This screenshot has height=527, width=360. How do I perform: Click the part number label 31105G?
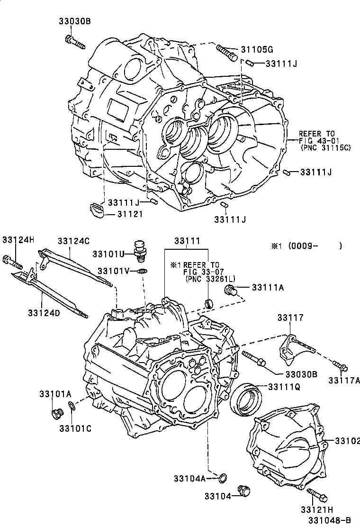[257, 49]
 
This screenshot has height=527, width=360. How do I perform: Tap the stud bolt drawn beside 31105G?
[227, 52]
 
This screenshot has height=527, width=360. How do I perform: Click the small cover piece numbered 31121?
[97, 210]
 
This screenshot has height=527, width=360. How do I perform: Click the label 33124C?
[73, 241]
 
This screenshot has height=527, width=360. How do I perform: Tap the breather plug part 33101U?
[140, 249]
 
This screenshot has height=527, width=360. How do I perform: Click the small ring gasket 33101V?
[141, 272]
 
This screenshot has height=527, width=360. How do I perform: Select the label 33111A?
[268, 287]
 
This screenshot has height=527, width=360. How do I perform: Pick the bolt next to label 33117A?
[340, 366]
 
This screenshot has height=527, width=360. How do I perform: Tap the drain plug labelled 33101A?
[56, 414]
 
